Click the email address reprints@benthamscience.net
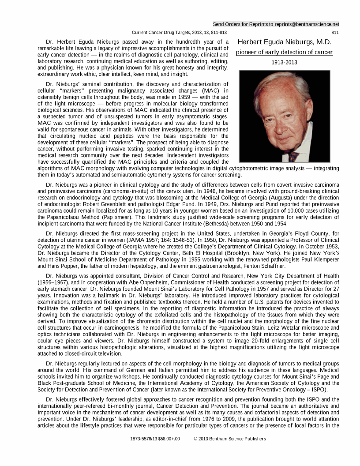(x=305, y=24)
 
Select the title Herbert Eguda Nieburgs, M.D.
(x=284, y=42)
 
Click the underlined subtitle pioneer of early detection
(x=284, y=53)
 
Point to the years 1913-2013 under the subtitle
(x=284, y=63)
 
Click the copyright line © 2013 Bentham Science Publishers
(x=230, y=439)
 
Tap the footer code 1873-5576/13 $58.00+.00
(x=155, y=439)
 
